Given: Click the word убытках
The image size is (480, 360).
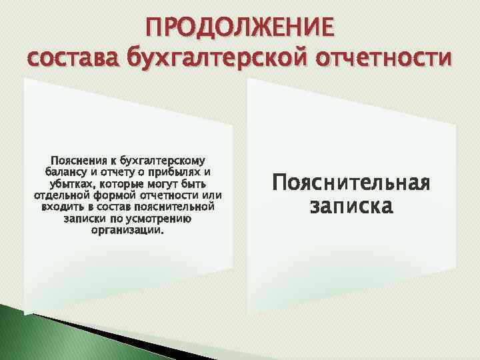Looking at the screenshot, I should click(71, 183).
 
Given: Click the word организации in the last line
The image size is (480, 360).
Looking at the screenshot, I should click(126, 230).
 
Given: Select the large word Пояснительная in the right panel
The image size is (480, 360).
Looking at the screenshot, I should click(351, 183).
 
